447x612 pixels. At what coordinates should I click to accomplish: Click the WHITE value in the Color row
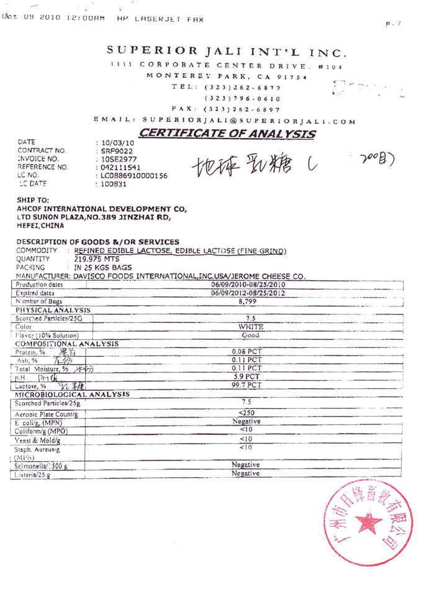pyautogui.click(x=251, y=326)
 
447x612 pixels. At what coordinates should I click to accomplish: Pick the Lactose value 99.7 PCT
pyautogui.click(x=246, y=385)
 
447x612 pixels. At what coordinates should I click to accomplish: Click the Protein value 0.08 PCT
pyautogui.click(x=246, y=352)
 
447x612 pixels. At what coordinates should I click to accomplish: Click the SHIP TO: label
pyautogui.click(x=32, y=200)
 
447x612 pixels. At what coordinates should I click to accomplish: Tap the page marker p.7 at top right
pyautogui.click(x=393, y=24)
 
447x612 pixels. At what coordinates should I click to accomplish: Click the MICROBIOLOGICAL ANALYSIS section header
pyautogui.click(x=72, y=394)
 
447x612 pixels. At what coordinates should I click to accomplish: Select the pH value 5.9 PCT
pyautogui.click(x=246, y=377)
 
